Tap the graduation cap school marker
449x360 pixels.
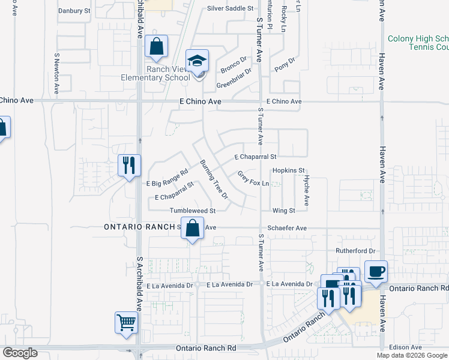197,61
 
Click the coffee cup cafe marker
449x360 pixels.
376,272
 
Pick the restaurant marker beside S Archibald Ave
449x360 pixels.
129,165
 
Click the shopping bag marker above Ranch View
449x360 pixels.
156,47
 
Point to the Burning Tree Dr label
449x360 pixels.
214,179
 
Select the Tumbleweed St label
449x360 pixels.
192,211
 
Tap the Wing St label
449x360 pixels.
284,211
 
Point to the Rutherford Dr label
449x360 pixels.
355,251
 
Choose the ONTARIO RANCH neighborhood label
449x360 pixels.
139,227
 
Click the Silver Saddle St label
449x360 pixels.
231,8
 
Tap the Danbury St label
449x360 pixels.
74,11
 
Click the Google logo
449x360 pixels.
20,353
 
